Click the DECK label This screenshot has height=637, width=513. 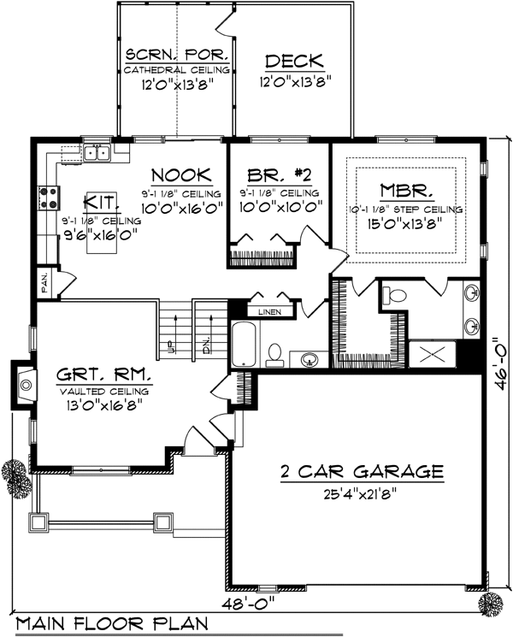click(294, 61)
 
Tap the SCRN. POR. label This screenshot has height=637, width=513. click(177, 55)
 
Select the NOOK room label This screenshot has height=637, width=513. click(181, 175)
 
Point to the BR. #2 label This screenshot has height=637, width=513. click(280, 175)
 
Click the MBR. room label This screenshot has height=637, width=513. click(407, 191)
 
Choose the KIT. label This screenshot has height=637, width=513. click(102, 203)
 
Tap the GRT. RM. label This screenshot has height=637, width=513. click(104, 375)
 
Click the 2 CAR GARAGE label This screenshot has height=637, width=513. click(362, 472)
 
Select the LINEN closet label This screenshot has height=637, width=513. click(269, 312)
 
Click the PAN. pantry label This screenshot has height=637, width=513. click(44, 283)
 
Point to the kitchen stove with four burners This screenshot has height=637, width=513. click(49, 198)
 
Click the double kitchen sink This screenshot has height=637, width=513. click(97, 153)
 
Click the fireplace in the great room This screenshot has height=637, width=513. click(24, 384)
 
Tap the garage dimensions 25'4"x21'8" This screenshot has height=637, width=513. click(360, 494)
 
